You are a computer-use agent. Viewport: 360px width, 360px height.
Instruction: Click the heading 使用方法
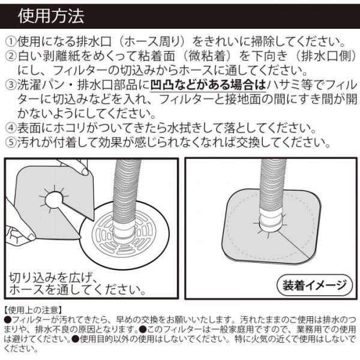(51, 16)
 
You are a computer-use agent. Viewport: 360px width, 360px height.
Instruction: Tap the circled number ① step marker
(11, 41)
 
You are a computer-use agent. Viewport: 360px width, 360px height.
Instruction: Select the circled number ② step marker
(11, 56)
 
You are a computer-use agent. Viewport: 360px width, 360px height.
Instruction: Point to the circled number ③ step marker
(11, 85)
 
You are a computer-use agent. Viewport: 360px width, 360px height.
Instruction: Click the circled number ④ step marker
(11, 128)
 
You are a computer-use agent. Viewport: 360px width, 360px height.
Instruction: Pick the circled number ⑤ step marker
(11, 143)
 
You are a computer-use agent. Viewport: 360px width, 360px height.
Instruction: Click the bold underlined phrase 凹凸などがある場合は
(208, 85)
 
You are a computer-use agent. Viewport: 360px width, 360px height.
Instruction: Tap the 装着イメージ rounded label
(314, 286)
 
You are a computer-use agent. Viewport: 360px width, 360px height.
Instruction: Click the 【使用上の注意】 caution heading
(33, 310)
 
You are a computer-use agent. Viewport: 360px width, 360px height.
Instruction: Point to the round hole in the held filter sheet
(54, 199)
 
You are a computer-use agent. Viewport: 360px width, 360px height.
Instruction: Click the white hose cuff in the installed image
(271, 220)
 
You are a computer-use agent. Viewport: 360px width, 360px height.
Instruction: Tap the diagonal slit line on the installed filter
(295, 245)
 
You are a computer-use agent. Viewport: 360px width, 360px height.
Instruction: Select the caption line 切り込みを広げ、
(52, 277)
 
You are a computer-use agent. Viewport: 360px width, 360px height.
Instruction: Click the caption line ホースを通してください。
(77, 289)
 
